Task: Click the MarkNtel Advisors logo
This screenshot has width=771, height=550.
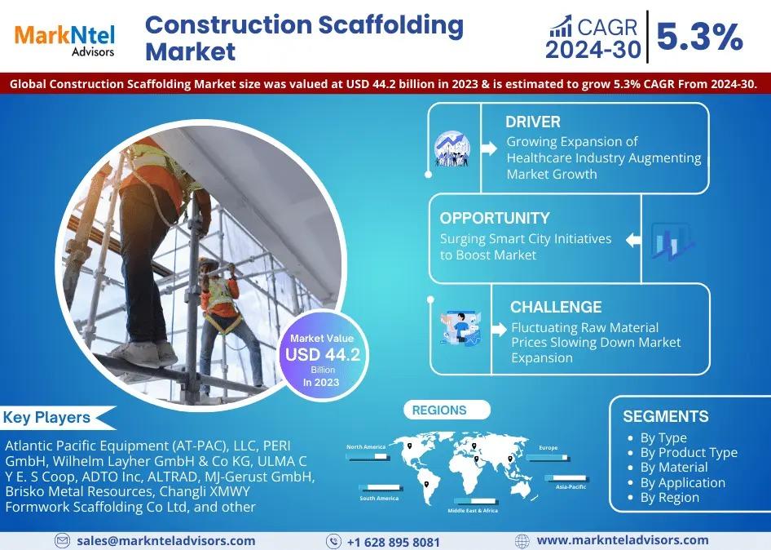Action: (x=65, y=40)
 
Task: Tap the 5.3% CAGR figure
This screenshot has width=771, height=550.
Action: (x=699, y=37)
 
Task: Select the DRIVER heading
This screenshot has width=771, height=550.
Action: (x=532, y=122)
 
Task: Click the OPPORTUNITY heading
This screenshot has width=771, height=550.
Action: (x=494, y=218)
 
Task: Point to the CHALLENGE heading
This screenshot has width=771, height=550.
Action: (x=556, y=307)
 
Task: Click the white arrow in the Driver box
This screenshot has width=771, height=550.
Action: (x=489, y=148)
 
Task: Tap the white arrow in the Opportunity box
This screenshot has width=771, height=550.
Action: (x=633, y=240)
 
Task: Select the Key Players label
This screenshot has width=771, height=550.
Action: (x=46, y=418)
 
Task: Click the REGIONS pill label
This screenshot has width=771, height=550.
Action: (x=439, y=410)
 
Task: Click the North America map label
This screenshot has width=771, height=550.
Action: (x=366, y=446)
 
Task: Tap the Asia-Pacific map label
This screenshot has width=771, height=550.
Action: (x=571, y=486)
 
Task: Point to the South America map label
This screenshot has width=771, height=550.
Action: (x=379, y=499)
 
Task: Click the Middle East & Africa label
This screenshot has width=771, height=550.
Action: (x=473, y=511)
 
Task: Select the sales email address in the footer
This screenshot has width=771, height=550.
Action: (x=165, y=541)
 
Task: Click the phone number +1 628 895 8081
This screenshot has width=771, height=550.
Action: (x=394, y=542)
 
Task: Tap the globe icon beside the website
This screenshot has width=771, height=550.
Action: (x=522, y=541)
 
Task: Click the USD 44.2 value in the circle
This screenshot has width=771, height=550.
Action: (x=323, y=354)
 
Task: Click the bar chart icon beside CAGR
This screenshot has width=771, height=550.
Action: (x=561, y=26)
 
